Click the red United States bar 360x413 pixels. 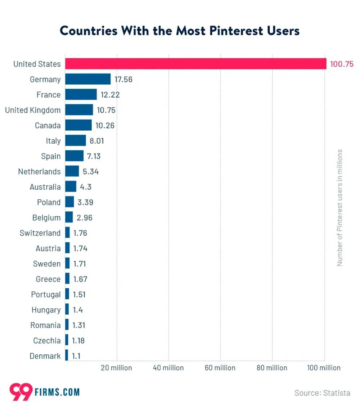click(195, 64)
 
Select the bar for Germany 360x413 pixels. click(88, 79)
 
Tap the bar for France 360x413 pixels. click(81, 95)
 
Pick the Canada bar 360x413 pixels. click(78, 125)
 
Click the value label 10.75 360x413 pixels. click(106, 110)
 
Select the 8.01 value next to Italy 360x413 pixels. click(96, 141)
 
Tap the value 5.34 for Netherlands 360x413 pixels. click(91, 172)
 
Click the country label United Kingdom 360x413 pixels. click(33, 110)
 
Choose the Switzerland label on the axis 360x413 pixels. click(40, 233)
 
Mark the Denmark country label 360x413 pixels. click(45, 356)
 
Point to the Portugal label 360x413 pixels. click(46, 295)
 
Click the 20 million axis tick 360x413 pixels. click(116, 368)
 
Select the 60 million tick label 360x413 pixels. click(220, 368)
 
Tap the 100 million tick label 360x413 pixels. click(324, 368)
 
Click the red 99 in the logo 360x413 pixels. click(21, 392)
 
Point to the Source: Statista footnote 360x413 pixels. click(322, 392)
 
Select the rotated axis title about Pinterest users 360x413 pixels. click(339, 208)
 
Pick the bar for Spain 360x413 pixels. click(74, 156)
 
